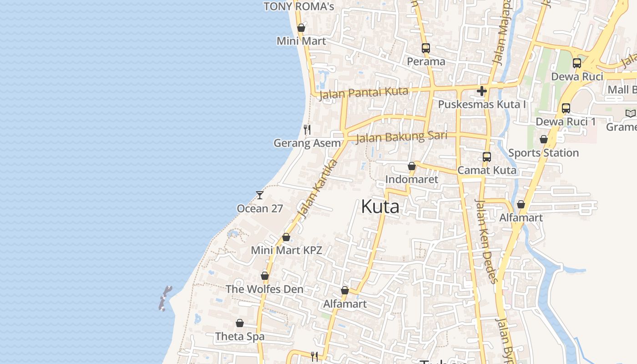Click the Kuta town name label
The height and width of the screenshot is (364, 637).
(x=380, y=207)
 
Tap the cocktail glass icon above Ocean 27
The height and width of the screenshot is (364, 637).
(x=260, y=195)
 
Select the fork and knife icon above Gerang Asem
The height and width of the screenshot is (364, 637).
(x=307, y=130)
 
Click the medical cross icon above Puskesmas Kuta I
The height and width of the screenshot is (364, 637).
(x=482, y=91)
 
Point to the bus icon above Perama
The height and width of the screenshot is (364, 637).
(x=425, y=48)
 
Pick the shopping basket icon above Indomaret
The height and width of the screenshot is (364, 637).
(x=412, y=167)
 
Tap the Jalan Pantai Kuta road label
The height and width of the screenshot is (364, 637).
(x=364, y=93)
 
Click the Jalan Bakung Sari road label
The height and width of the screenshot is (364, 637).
(x=401, y=136)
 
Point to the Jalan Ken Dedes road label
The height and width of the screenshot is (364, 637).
(x=485, y=241)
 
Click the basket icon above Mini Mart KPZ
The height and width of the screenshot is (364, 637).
(x=286, y=237)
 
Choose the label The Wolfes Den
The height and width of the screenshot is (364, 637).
(x=264, y=289)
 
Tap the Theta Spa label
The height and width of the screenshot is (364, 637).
(x=240, y=337)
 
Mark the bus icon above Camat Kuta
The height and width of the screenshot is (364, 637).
(x=487, y=157)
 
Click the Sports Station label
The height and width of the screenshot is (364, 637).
(x=543, y=153)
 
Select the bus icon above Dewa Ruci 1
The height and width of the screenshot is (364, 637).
(x=566, y=108)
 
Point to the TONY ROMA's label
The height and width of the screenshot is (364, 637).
(x=299, y=6)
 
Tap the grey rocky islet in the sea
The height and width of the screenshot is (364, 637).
(x=165, y=298)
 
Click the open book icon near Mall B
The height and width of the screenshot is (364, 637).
(x=630, y=113)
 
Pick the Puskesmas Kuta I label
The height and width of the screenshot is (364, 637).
(x=482, y=105)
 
